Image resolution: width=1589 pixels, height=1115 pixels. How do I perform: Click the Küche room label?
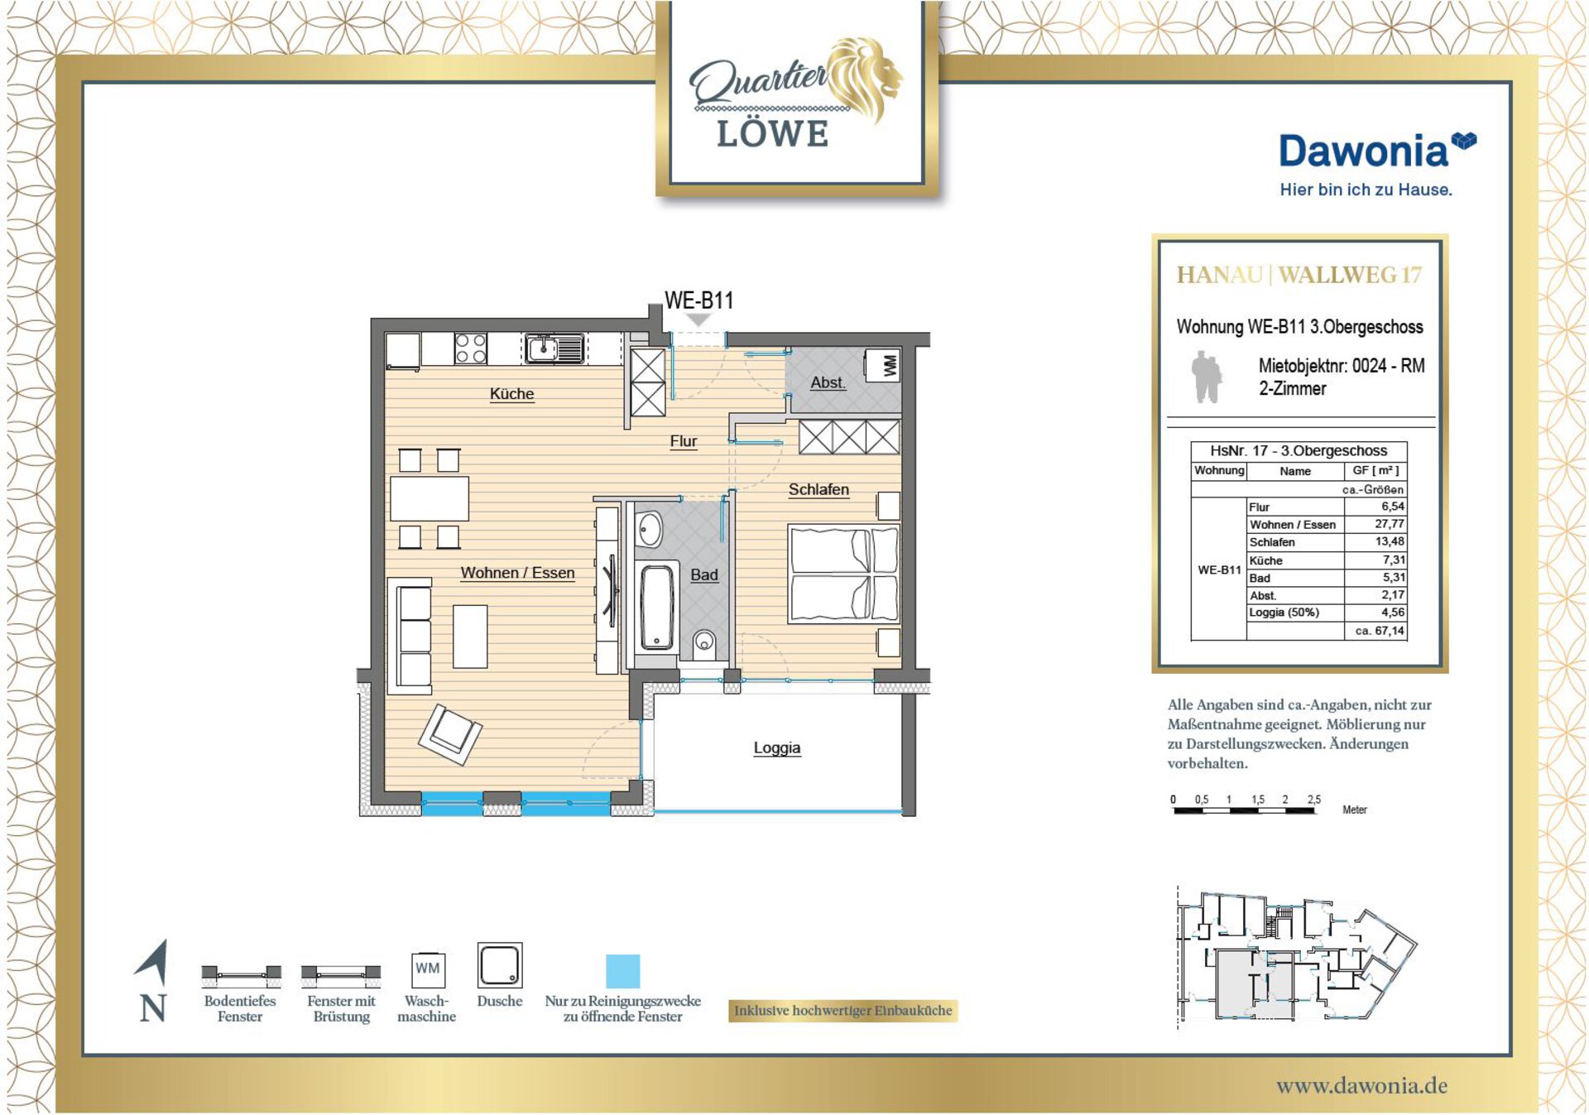(x=511, y=394)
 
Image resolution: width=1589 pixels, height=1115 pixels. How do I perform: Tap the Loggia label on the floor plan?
(x=777, y=747)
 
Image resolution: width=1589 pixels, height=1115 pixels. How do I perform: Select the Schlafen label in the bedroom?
(x=819, y=489)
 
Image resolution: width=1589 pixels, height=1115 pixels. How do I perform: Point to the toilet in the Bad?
(x=704, y=642)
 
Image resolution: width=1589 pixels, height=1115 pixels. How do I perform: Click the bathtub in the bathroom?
(x=657, y=605)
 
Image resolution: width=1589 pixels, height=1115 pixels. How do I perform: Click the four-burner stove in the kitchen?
(x=470, y=348)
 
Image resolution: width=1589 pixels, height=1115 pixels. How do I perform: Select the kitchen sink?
(x=554, y=348)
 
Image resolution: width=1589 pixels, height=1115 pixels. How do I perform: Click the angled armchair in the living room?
(x=450, y=733)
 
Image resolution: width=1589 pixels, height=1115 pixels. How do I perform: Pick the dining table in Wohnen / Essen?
(x=430, y=498)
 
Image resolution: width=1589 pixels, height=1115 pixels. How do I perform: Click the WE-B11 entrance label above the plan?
(x=699, y=300)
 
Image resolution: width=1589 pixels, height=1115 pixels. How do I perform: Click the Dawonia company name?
(x=1364, y=151)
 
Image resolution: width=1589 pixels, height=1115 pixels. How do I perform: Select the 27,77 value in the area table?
(x=1390, y=524)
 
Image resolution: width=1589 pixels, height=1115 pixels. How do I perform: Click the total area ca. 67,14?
(x=1380, y=631)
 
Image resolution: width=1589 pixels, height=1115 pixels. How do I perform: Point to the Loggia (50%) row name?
(x=1284, y=613)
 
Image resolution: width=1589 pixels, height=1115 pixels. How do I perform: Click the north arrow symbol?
(x=153, y=964)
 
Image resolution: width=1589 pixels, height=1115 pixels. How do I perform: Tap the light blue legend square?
(x=622, y=971)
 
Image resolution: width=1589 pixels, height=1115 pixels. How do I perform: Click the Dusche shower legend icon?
(x=500, y=965)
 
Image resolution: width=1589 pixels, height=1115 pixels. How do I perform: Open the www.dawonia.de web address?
(x=1362, y=1085)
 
